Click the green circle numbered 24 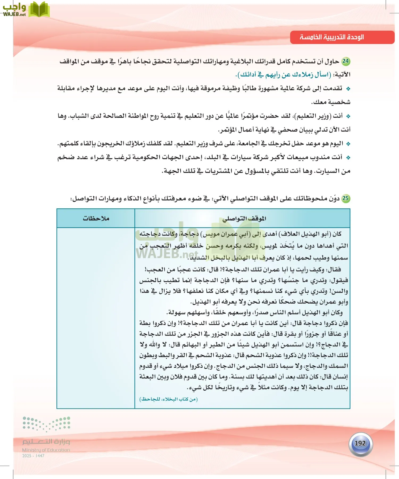346,61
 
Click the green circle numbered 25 346,198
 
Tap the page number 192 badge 360,443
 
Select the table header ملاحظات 96,218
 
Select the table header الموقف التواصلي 244,219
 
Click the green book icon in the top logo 39,10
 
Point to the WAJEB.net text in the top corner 14,14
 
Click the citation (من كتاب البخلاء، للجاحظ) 168,399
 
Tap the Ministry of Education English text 46,450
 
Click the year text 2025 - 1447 33,456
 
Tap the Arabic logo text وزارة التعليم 46,441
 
